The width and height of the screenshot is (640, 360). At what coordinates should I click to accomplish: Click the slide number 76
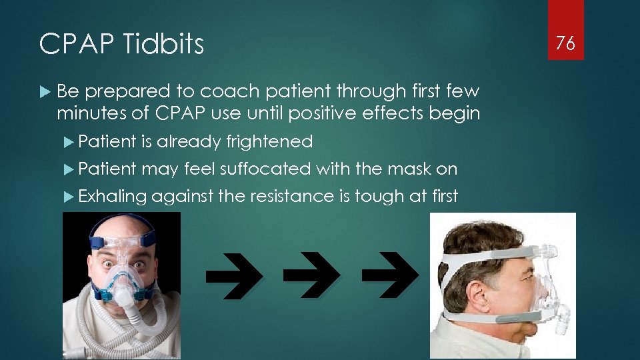(565, 43)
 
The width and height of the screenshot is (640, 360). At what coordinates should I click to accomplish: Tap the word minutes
(93, 114)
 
